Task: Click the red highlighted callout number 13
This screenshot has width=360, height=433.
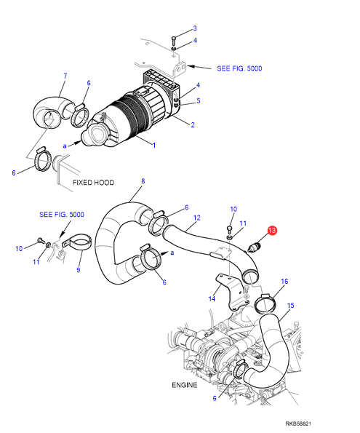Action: [272, 230]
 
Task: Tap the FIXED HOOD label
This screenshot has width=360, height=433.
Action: [93, 183]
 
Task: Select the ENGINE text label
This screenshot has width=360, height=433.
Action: [185, 385]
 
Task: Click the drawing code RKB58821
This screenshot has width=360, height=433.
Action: [298, 424]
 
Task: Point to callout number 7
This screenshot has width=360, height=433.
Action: [65, 76]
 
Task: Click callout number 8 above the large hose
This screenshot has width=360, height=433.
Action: [143, 181]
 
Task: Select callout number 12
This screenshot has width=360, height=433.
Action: [197, 218]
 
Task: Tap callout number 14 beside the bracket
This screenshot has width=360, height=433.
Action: [212, 299]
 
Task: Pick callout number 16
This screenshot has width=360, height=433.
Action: [284, 282]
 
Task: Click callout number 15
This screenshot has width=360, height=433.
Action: [291, 306]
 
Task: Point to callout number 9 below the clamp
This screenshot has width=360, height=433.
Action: [79, 270]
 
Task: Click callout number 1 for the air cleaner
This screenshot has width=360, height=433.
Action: [154, 146]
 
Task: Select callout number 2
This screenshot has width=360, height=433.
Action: [193, 125]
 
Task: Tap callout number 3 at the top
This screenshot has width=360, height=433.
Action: [195, 28]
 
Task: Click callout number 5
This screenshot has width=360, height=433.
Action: [199, 101]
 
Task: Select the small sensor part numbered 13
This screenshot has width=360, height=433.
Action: [255, 247]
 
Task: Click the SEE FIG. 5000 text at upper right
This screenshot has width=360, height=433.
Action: [239, 68]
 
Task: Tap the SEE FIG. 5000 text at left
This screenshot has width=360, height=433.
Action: [62, 215]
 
